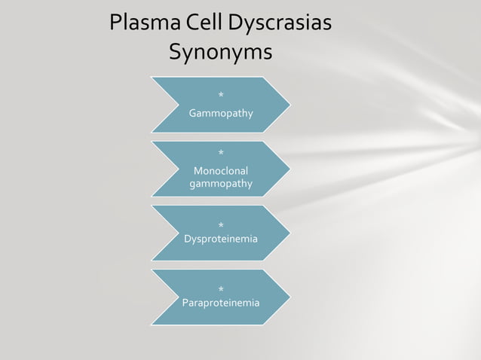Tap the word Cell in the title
(200, 23)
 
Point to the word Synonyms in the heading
(220, 53)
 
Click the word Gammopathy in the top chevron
(221, 114)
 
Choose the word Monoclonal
(221, 171)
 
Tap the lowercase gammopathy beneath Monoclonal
(221, 184)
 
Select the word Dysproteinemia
(221, 239)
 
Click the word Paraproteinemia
(221, 303)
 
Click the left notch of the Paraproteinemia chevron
(181, 297)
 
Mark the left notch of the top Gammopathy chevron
(181, 105)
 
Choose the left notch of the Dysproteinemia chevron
(181, 233)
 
